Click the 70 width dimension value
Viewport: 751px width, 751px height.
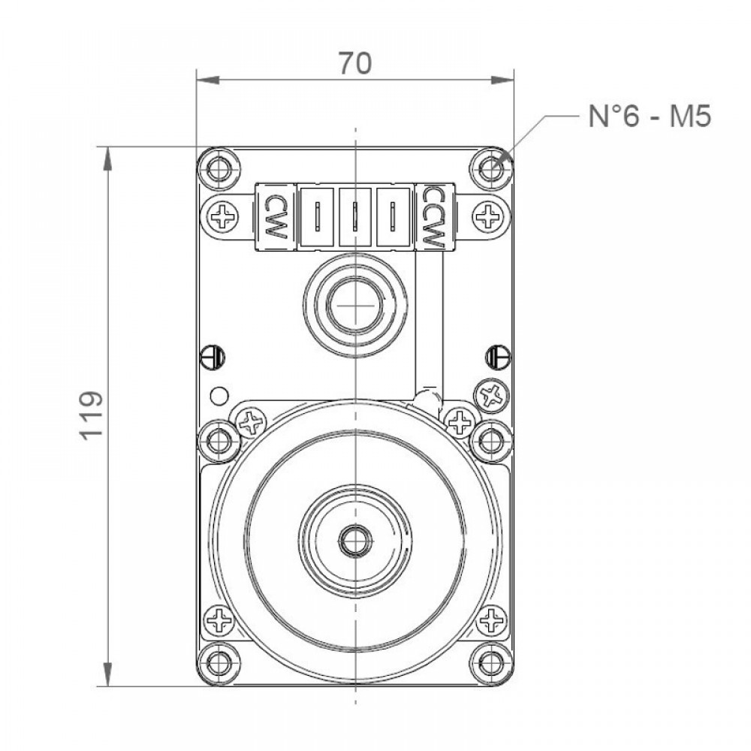pos(355,63)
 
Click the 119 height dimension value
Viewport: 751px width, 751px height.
pos(91,415)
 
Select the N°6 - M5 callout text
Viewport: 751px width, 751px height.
pos(650,116)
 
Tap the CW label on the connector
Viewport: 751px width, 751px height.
pos(274,217)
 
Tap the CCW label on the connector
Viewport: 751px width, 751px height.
pos(434,217)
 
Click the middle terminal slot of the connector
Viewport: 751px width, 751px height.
pos(355,217)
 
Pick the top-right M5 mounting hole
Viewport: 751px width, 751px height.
pos(490,168)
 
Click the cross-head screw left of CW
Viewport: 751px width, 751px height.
pos(224,216)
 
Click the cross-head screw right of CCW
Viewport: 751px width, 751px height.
pos(487,216)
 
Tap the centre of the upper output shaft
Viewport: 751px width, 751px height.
pos(355,305)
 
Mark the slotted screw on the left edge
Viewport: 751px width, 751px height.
pos(213,357)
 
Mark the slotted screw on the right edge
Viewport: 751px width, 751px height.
pos(498,357)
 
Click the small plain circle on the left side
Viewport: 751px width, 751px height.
pos(219,395)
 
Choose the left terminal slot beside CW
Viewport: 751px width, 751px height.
pos(317,217)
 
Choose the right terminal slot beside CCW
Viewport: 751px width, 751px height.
pos(394,217)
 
